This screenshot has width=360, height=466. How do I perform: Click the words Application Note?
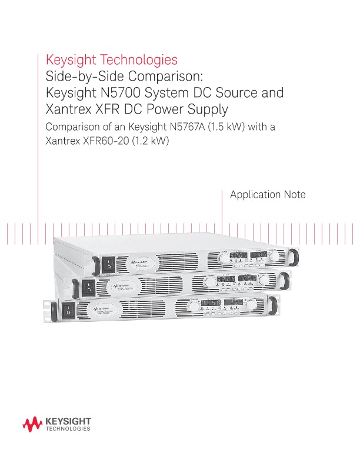268,195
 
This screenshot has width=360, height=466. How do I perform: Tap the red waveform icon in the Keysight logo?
32,423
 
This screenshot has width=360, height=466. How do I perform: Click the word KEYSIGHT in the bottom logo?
67,421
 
